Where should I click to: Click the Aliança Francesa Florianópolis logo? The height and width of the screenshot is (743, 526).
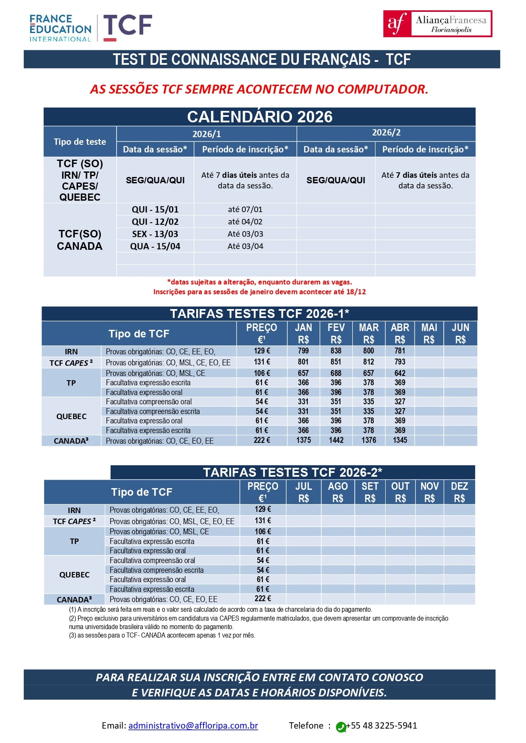coord(437,24)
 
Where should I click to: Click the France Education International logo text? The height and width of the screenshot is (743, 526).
coord(60,28)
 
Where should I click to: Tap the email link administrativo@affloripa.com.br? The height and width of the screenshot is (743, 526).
coord(193,725)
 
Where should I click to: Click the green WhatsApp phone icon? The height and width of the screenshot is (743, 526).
coord(341,727)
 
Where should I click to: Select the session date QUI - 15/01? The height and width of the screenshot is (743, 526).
coord(155,209)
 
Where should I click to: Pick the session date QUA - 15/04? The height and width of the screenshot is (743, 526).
coord(155,246)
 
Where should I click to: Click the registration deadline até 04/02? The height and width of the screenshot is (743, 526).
coord(245,221)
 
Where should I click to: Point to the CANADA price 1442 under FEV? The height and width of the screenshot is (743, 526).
coord(336,440)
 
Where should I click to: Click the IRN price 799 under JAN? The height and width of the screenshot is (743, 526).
coord(303,351)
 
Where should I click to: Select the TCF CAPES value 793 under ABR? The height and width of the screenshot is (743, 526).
coord(400,362)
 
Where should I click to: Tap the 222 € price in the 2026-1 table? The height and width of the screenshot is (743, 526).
coord(262,440)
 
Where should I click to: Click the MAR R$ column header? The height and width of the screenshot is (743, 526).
coord(369,333)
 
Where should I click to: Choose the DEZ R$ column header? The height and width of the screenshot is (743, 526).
coord(459,492)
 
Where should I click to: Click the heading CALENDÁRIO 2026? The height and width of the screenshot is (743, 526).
coord(259,117)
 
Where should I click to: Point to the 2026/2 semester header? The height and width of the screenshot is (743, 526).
coord(386,133)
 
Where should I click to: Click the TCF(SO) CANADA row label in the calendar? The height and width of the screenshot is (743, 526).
coord(80,240)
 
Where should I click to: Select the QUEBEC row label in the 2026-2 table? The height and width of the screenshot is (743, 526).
coord(74,575)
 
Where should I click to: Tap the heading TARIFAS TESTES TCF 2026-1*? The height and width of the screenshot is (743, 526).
coord(259,314)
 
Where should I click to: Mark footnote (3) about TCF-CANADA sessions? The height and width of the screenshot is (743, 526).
coord(162,635)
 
